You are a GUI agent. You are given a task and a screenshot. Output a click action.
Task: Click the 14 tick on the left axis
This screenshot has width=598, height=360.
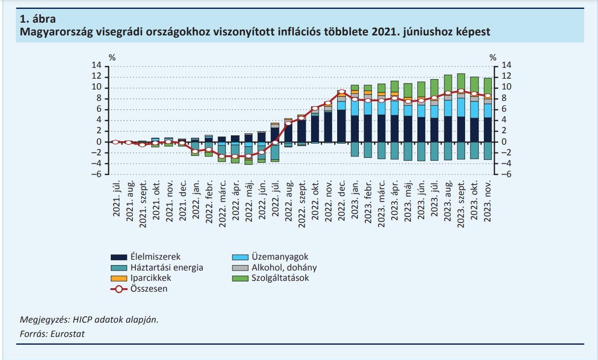pos(97,66)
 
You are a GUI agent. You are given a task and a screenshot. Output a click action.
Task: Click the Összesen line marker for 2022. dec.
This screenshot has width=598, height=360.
pos(342,92)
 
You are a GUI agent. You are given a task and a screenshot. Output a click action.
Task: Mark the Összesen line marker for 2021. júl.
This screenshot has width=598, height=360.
pos(116,142)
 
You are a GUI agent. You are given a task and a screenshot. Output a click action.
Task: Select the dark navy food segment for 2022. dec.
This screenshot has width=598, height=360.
pos(342,125)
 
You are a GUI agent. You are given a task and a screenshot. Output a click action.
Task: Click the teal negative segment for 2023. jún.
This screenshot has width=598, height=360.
pos(421,151)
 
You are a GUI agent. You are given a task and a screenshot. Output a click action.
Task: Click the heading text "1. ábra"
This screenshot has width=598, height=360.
pos(38,20)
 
